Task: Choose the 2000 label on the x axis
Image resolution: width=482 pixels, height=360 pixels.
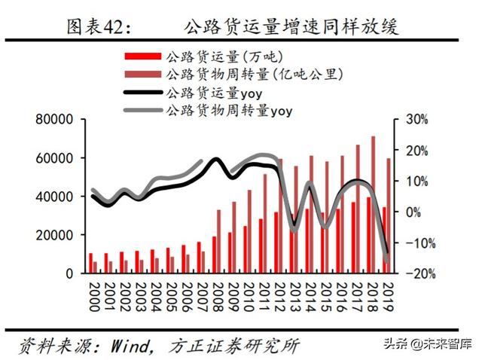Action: tap(93, 293)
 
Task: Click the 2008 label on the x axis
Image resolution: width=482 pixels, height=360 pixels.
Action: tap(216, 293)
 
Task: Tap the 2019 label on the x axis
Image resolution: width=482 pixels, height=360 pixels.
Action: tap(385, 293)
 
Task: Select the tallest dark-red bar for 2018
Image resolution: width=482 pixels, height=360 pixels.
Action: tap(374, 204)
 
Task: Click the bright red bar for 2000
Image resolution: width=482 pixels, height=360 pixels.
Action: tap(91, 263)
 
